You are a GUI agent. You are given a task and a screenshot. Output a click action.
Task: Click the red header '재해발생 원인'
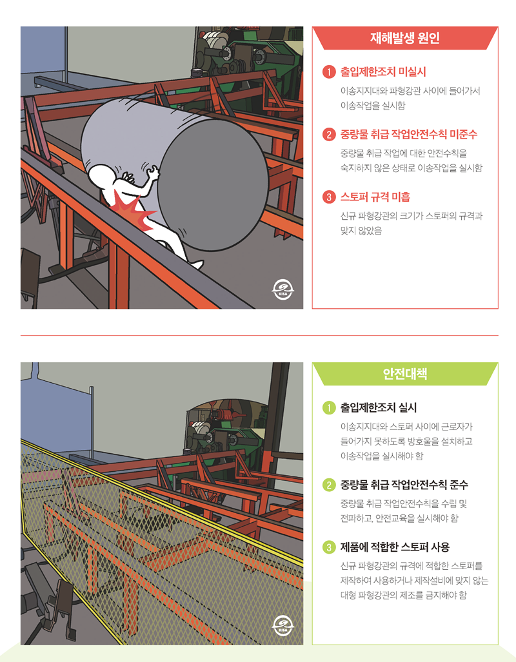click(x=405, y=38)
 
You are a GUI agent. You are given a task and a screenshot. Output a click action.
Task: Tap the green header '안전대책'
click(x=405, y=374)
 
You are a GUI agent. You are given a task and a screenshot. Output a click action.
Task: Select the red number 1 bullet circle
click(x=328, y=72)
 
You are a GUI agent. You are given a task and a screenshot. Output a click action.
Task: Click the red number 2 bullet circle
click(x=328, y=135)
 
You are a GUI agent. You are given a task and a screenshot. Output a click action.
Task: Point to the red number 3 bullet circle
click(x=328, y=197)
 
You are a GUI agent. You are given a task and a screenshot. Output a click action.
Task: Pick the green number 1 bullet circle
click(x=328, y=408)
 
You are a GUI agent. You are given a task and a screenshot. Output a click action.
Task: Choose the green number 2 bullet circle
click(x=328, y=485)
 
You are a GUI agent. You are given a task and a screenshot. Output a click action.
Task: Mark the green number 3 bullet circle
click(x=328, y=547)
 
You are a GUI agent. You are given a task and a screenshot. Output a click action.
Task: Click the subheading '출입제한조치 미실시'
click(x=383, y=72)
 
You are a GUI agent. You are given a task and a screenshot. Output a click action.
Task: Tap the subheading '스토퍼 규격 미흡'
click(x=375, y=197)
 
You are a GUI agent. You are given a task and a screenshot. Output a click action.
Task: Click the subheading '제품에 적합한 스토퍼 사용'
click(x=395, y=547)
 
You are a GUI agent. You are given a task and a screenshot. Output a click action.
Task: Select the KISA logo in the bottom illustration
click(x=283, y=625)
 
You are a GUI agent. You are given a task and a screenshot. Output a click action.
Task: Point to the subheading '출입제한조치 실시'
click(x=379, y=408)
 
